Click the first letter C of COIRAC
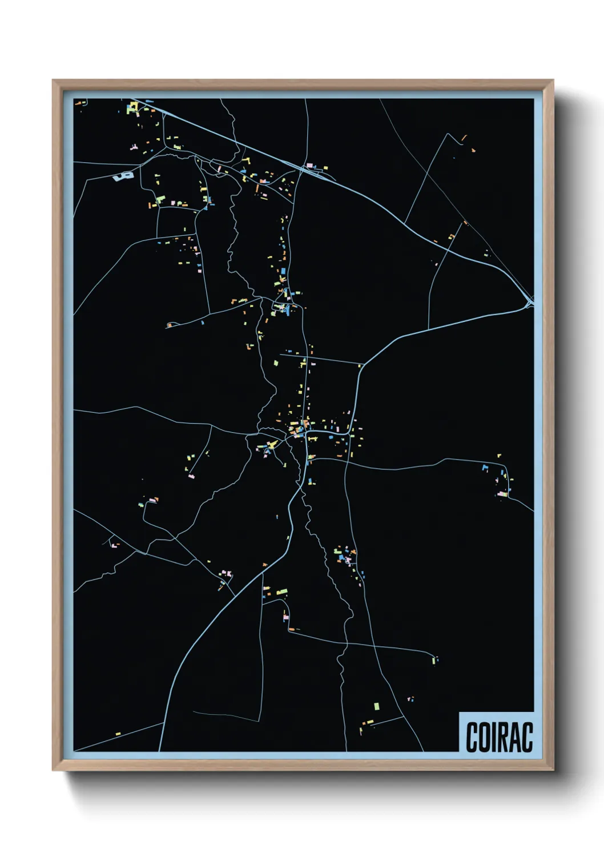[x=473, y=737]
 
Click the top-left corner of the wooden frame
[x=53, y=81]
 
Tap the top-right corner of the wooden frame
[x=553, y=81]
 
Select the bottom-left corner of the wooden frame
[x=53, y=770]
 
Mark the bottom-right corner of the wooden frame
[x=553, y=770]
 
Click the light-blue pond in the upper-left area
[x=123, y=176]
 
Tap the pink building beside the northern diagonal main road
[x=310, y=165]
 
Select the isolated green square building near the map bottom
[x=376, y=706]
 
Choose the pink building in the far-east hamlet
[x=501, y=494]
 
